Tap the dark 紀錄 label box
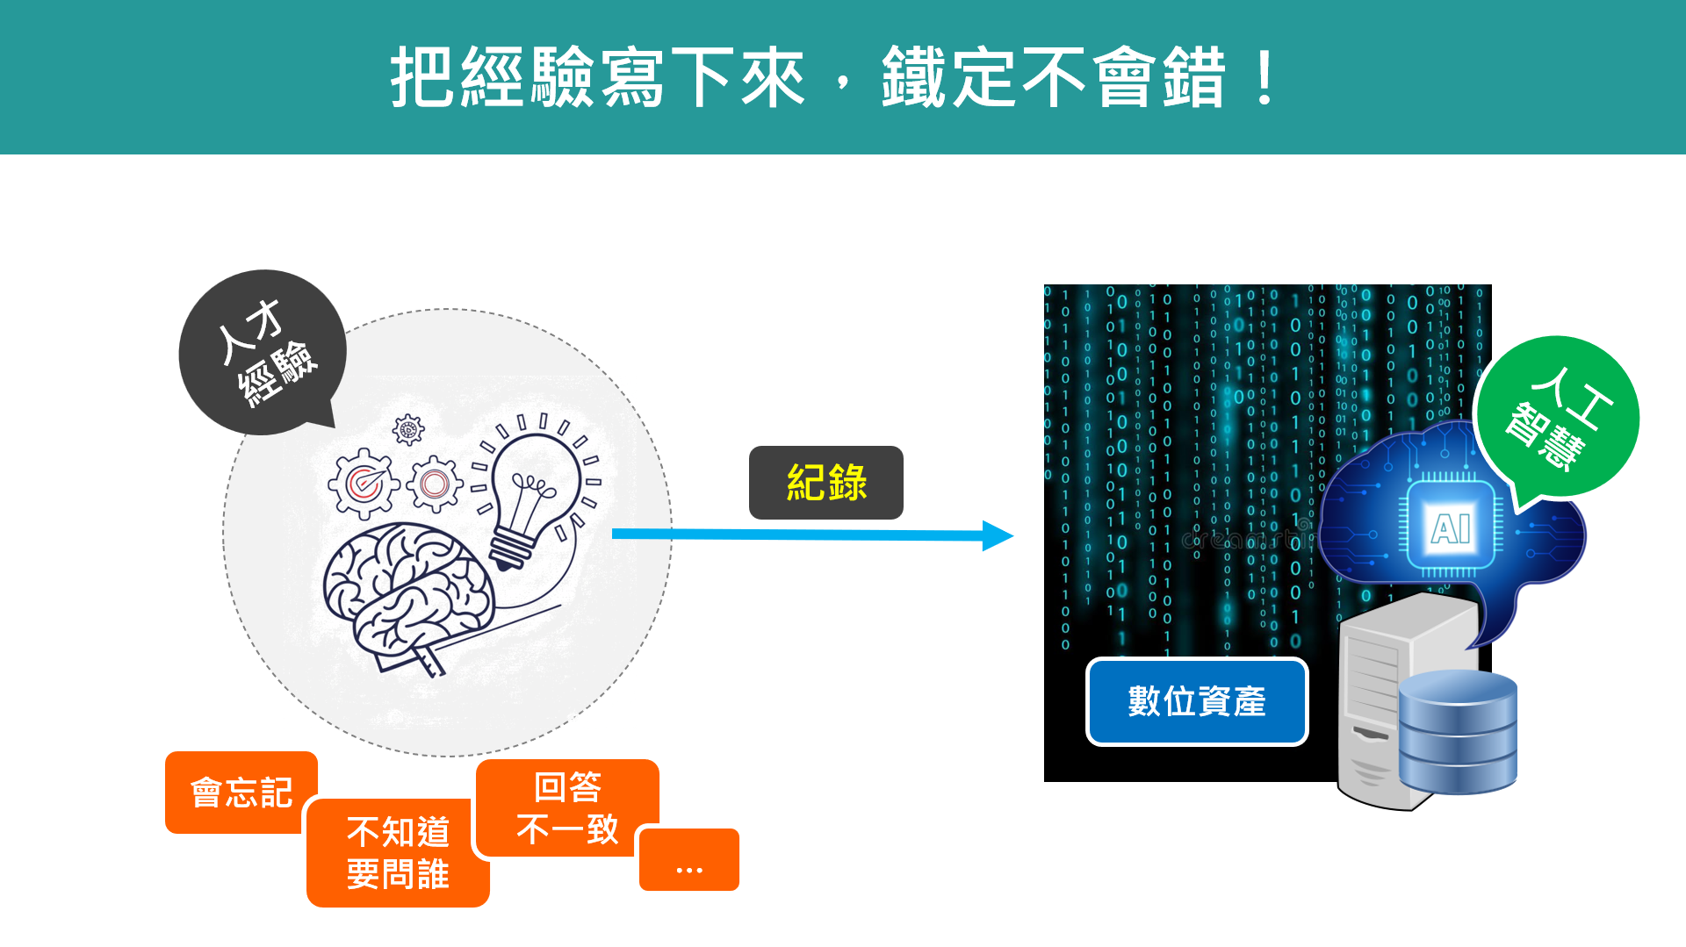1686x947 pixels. [825, 483]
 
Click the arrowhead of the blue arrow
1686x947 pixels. [998, 535]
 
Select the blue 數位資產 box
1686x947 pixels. [1197, 702]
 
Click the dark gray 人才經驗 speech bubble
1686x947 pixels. [263, 352]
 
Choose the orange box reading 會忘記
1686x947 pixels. [240, 792]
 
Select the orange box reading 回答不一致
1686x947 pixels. [567, 807]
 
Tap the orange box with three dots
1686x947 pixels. [689, 861]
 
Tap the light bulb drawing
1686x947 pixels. [531, 487]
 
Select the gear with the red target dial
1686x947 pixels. [363, 482]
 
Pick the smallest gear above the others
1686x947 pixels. [408, 430]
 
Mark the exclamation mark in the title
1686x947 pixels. [1265, 78]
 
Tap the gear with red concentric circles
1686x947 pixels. [434, 484]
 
